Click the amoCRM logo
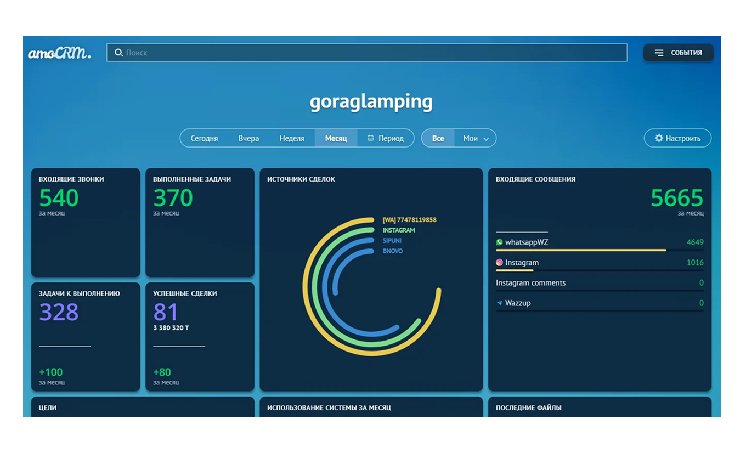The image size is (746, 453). (x=59, y=53)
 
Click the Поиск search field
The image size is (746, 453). (x=366, y=53)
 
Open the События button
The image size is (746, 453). (x=679, y=53)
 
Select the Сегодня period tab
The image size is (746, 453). (x=204, y=138)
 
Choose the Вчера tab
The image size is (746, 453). (x=248, y=138)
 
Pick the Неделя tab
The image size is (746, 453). (x=292, y=138)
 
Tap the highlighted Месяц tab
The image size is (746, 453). (x=336, y=138)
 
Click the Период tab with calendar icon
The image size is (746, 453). (x=386, y=138)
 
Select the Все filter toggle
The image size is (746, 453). (x=438, y=138)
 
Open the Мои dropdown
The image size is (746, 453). (x=475, y=138)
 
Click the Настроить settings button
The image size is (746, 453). (x=677, y=138)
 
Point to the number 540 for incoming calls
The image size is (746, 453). (x=59, y=198)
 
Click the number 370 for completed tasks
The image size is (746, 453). (x=173, y=198)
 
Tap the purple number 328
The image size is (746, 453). (x=59, y=312)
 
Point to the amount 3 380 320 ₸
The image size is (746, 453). (x=171, y=328)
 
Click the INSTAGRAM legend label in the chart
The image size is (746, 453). (x=399, y=230)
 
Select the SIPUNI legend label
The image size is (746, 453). (x=393, y=240)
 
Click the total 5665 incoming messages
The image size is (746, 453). (x=676, y=198)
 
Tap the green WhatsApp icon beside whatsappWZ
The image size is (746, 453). (x=499, y=242)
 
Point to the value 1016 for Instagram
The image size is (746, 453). (x=695, y=263)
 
